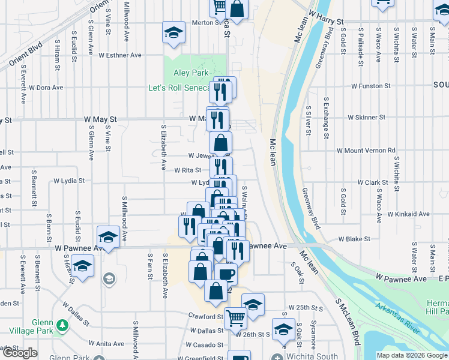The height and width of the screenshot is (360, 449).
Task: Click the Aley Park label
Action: tap(191, 73)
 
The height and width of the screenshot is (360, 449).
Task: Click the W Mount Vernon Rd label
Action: tap(366, 151)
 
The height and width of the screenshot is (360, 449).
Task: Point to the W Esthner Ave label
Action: tap(120, 55)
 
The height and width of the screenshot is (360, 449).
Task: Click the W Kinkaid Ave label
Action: tap(408, 214)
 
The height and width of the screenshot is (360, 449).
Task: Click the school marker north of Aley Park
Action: tap(173, 34)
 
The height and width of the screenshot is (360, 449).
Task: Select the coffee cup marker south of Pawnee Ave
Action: tap(226, 274)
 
